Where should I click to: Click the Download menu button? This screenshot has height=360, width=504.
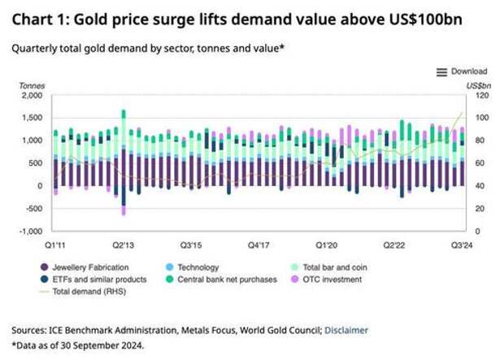(462, 72)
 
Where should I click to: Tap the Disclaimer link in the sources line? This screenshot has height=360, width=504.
(346, 331)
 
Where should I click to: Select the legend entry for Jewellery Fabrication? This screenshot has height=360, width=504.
(85, 267)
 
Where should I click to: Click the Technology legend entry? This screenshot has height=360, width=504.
(192, 267)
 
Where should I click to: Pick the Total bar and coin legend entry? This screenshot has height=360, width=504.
(329, 267)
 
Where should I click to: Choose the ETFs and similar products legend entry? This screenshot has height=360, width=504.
(93, 280)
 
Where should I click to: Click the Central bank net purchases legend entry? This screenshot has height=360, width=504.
(221, 280)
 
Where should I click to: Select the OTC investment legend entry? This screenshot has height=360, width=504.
(326, 280)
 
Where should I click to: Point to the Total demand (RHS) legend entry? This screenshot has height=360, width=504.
(83, 292)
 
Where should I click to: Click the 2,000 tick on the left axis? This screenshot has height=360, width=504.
(33, 95)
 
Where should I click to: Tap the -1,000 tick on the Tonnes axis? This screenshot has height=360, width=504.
(31, 232)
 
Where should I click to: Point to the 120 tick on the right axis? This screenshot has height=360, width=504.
(482, 95)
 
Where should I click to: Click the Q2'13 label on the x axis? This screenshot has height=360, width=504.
(123, 245)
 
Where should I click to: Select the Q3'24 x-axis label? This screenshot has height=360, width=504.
(462, 245)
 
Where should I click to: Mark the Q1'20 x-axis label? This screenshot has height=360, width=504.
(327, 245)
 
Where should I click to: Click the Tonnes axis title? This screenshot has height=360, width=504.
(32, 86)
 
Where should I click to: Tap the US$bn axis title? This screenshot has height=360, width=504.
(479, 86)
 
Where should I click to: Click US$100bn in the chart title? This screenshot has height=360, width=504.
(426, 20)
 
